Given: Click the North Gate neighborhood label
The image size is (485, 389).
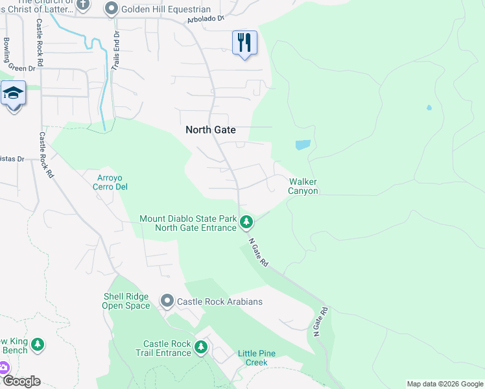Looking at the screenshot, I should (211, 130).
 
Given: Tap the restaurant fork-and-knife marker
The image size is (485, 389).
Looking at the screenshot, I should (244, 43).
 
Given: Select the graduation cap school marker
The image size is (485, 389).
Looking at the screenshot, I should (13, 93).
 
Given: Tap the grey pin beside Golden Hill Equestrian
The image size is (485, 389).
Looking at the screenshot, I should (111, 9).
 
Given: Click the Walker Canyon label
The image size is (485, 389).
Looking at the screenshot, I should (303, 186).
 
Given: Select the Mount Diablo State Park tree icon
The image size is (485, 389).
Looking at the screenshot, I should (246, 222).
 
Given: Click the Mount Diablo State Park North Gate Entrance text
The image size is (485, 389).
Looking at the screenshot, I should (188, 223).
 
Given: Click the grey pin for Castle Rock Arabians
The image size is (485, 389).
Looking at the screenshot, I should (167, 301).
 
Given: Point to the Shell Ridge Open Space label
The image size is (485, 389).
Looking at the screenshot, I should (126, 301).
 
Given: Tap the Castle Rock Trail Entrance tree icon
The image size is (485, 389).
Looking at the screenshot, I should (201, 348).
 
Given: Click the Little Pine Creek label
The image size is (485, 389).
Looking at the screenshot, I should (257, 357).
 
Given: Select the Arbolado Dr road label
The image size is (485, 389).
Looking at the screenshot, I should (204, 18).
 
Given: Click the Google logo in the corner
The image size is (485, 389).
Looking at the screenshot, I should (21, 381).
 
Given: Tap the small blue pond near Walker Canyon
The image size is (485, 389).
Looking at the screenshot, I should (303, 145).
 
